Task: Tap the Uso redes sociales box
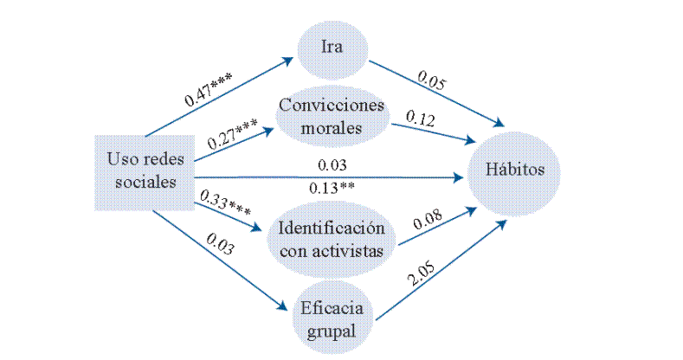143,170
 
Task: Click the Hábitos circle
514,169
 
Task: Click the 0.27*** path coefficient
232,132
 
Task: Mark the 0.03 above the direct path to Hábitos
332,164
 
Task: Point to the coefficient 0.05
433,83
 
